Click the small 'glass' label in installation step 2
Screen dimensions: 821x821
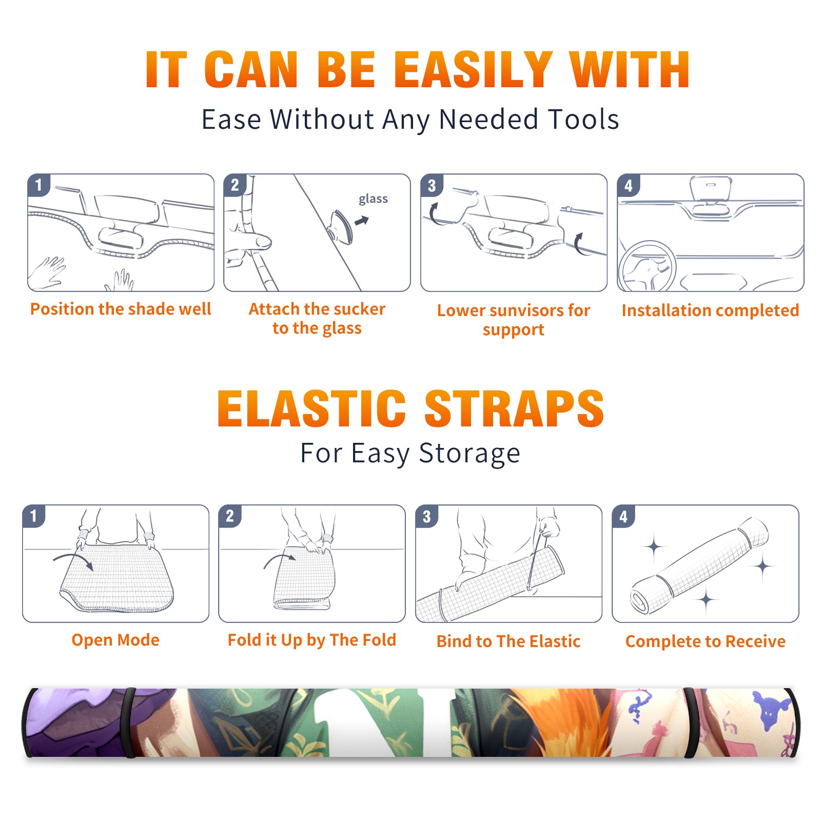click(x=373, y=199)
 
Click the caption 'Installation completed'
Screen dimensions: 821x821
click(x=710, y=310)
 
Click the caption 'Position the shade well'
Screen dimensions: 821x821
click(x=121, y=309)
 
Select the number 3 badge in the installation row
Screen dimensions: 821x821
click(x=432, y=185)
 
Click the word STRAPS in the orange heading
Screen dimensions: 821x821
click(x=514, y=408)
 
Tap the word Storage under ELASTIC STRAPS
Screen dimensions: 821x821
click(x=470, y=454)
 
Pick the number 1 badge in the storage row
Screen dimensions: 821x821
click(x=34, y=516)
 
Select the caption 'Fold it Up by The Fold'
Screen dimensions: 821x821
click(x=312, y=640)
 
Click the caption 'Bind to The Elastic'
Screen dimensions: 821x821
click(x=509, y=641)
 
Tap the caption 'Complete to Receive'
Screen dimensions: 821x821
click(x=706, y=641)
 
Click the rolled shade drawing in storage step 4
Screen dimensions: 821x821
click(x=699, y=565)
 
